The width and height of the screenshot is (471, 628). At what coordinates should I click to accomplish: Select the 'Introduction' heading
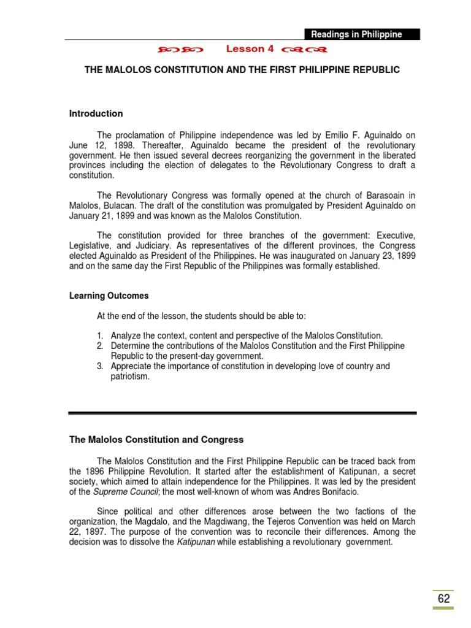click(96, 113)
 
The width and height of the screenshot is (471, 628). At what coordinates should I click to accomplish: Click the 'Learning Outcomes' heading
click(109, 296)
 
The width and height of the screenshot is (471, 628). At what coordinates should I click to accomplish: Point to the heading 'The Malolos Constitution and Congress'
click(156, 440)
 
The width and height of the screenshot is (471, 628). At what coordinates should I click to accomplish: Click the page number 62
click(443, 599)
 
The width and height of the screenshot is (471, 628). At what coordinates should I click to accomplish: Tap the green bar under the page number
click(443, 608)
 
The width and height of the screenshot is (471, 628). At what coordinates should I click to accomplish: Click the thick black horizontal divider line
click(242, 413)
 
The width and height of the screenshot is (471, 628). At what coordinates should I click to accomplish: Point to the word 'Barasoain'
click(384, 196)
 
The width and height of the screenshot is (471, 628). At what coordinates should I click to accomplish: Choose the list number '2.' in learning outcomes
click(101, 346)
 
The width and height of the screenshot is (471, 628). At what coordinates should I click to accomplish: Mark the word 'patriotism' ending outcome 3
click(130, 377)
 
